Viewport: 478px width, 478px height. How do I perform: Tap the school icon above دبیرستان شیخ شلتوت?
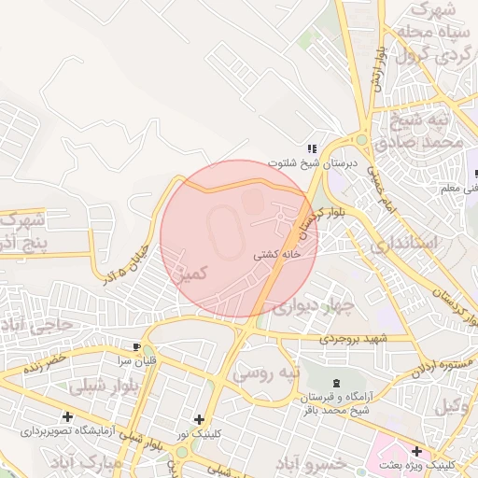312,148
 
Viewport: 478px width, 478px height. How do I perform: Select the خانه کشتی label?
277,254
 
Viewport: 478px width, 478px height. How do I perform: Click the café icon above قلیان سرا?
137,345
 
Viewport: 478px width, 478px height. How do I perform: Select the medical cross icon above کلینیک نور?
199,420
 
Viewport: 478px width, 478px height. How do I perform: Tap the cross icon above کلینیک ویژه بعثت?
416,451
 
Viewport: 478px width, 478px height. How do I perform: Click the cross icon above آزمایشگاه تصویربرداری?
67,416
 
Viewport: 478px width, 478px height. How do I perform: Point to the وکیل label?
453,406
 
